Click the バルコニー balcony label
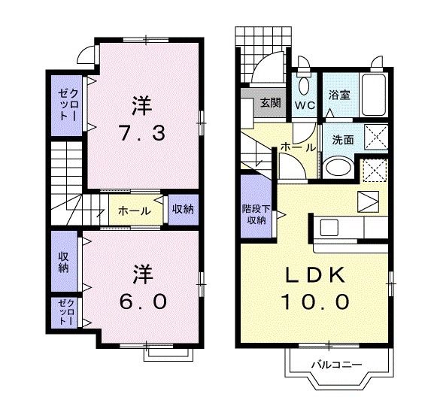[337, 365]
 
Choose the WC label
[305, 105]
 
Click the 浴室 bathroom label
[339, 95]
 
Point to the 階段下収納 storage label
[253, 214]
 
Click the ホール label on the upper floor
[134, 211]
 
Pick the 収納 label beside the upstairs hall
[181, 209]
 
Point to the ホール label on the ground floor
[292, 148]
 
